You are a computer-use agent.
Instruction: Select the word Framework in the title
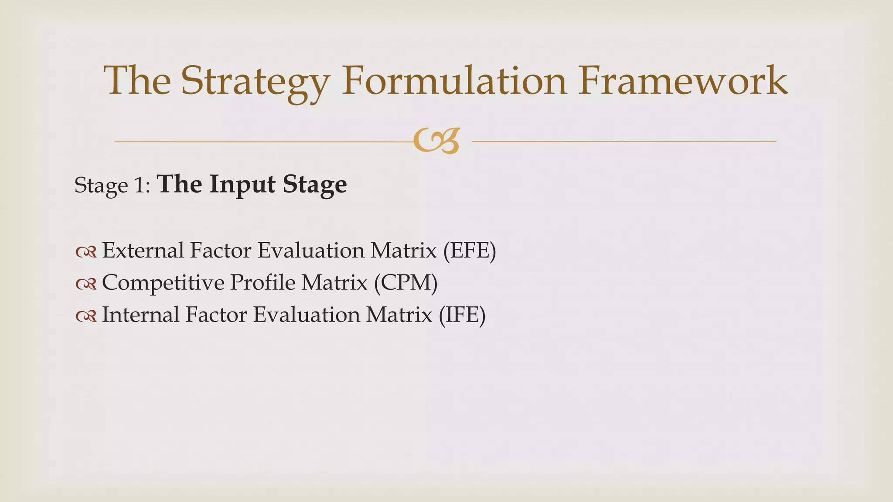[x=683, y=81]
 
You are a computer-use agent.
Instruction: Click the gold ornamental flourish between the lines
[x=436, y=141]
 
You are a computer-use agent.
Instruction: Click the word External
[x=143, y=251]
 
